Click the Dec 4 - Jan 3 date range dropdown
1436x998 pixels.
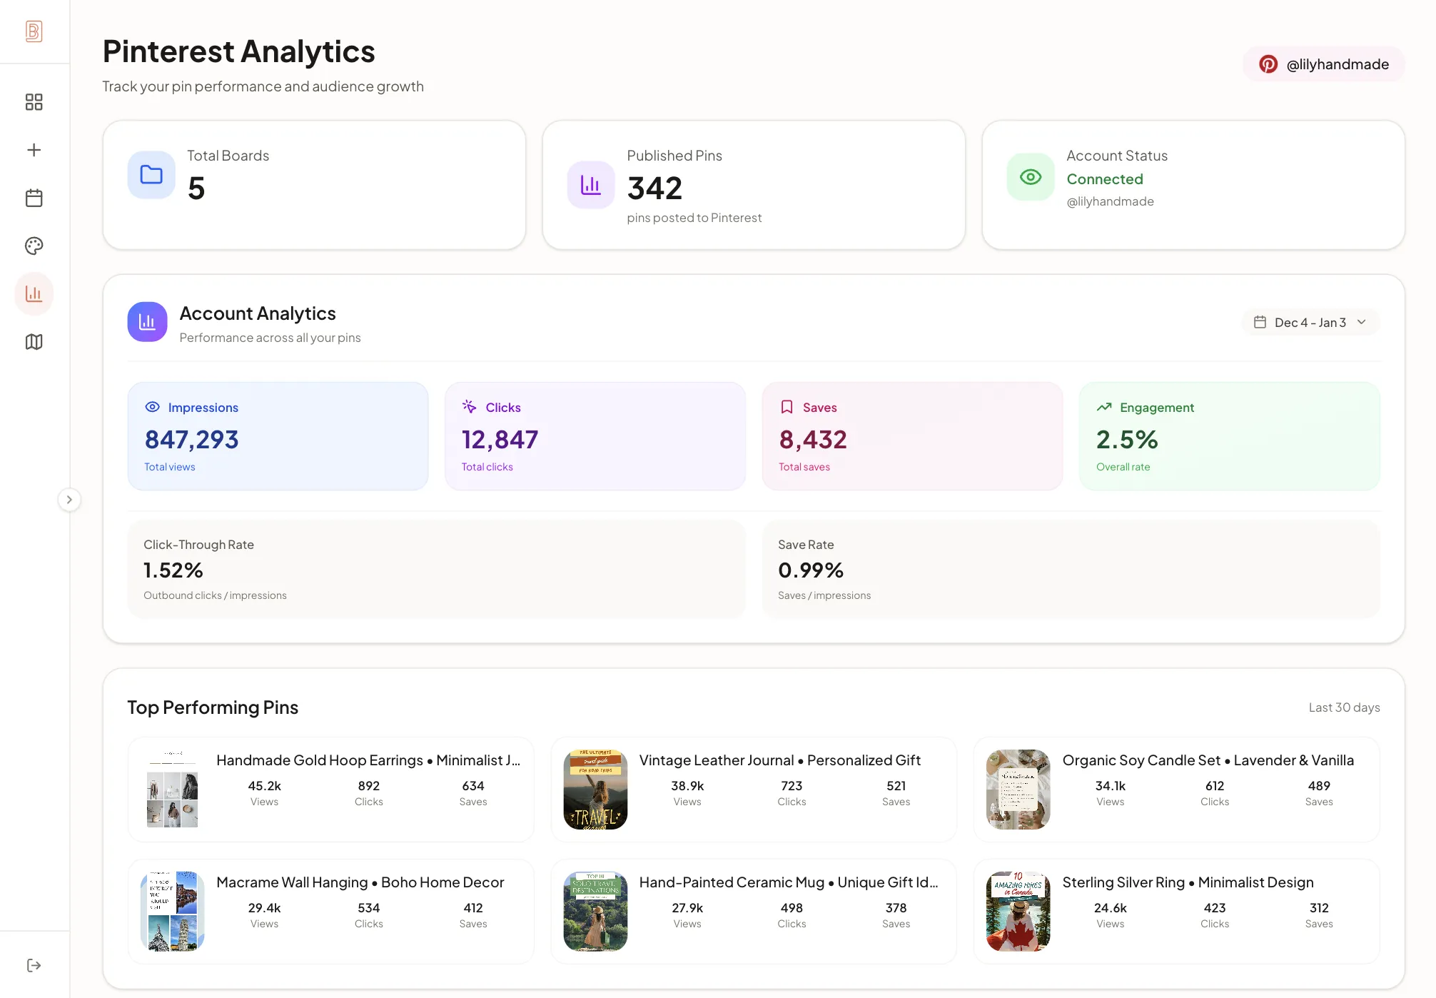(x=1310, y=323)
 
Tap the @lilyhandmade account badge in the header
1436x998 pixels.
(x=1324, y=64)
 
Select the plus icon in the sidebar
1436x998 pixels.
(x=34, y=150)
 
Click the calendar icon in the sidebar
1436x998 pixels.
(x=34, y=198)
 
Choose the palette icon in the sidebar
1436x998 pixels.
(x=34, y=246)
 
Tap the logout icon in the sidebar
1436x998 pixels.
(x=34, y=965)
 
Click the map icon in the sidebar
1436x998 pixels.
(x=34, y=342)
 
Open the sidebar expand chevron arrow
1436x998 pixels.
(x=69, y=500)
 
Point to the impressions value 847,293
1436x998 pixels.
(x=191, y=440)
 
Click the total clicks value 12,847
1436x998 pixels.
(x=500, y=440)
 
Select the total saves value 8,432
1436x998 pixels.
(x=813, y=440)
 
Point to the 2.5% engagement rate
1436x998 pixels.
(x=1127, y=440)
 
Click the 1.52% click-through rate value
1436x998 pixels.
(x=173, y=570)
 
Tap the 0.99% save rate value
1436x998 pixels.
(x=811, y=570)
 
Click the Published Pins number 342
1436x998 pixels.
(x=654, y=188)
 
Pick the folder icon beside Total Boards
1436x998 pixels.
(x=151, y=175)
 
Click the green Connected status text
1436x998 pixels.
(x=1105, y=179)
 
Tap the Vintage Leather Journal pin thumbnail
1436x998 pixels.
(x=595, y=790)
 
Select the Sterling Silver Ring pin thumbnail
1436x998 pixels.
(x=1018, y=912)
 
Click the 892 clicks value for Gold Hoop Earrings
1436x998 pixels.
(x=368, y=786)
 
